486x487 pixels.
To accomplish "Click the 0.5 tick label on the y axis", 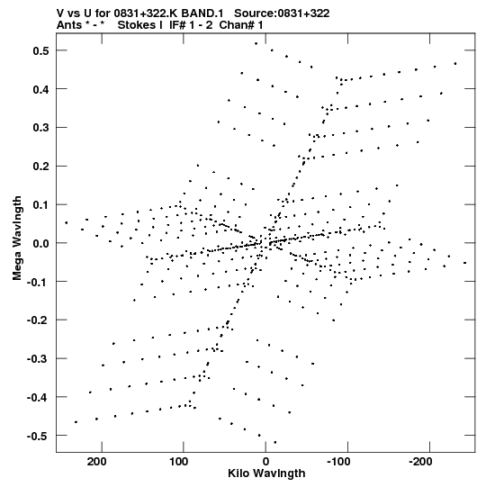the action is point(41,50).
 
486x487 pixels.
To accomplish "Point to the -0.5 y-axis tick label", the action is point(38,436).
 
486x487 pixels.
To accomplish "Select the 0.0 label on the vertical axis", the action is point(41,243).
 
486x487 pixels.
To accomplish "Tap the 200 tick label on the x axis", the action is point(96,462).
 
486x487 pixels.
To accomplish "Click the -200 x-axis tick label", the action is point(421,462).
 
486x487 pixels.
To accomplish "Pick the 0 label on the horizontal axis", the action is point(265,462).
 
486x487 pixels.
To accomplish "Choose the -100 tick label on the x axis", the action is point(338,462).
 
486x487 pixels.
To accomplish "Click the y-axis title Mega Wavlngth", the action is point(17,239).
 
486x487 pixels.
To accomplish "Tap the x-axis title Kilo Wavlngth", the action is point(266,473).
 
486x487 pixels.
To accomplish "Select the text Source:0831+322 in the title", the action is point(282,14).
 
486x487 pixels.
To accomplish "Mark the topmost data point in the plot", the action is point(256,44).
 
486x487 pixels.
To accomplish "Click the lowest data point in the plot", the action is point(274,442).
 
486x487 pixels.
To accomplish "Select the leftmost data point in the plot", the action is point(66,222).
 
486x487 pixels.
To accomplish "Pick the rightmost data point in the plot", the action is point(465,263).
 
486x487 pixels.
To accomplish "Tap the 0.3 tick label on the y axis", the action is point(41,128).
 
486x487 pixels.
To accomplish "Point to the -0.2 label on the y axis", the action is point(38,320).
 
